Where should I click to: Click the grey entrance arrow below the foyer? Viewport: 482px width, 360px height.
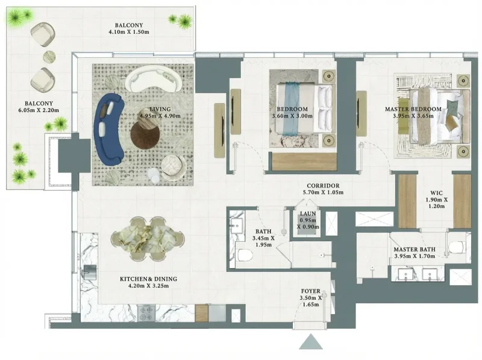click(311, 343)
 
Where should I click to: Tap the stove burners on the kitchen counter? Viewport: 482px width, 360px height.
click(148, 313)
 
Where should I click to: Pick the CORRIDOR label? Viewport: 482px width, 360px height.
click(324, 186)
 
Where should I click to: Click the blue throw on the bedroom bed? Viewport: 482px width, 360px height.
click(292, 106)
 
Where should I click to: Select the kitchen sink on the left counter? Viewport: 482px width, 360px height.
click(89, 270)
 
